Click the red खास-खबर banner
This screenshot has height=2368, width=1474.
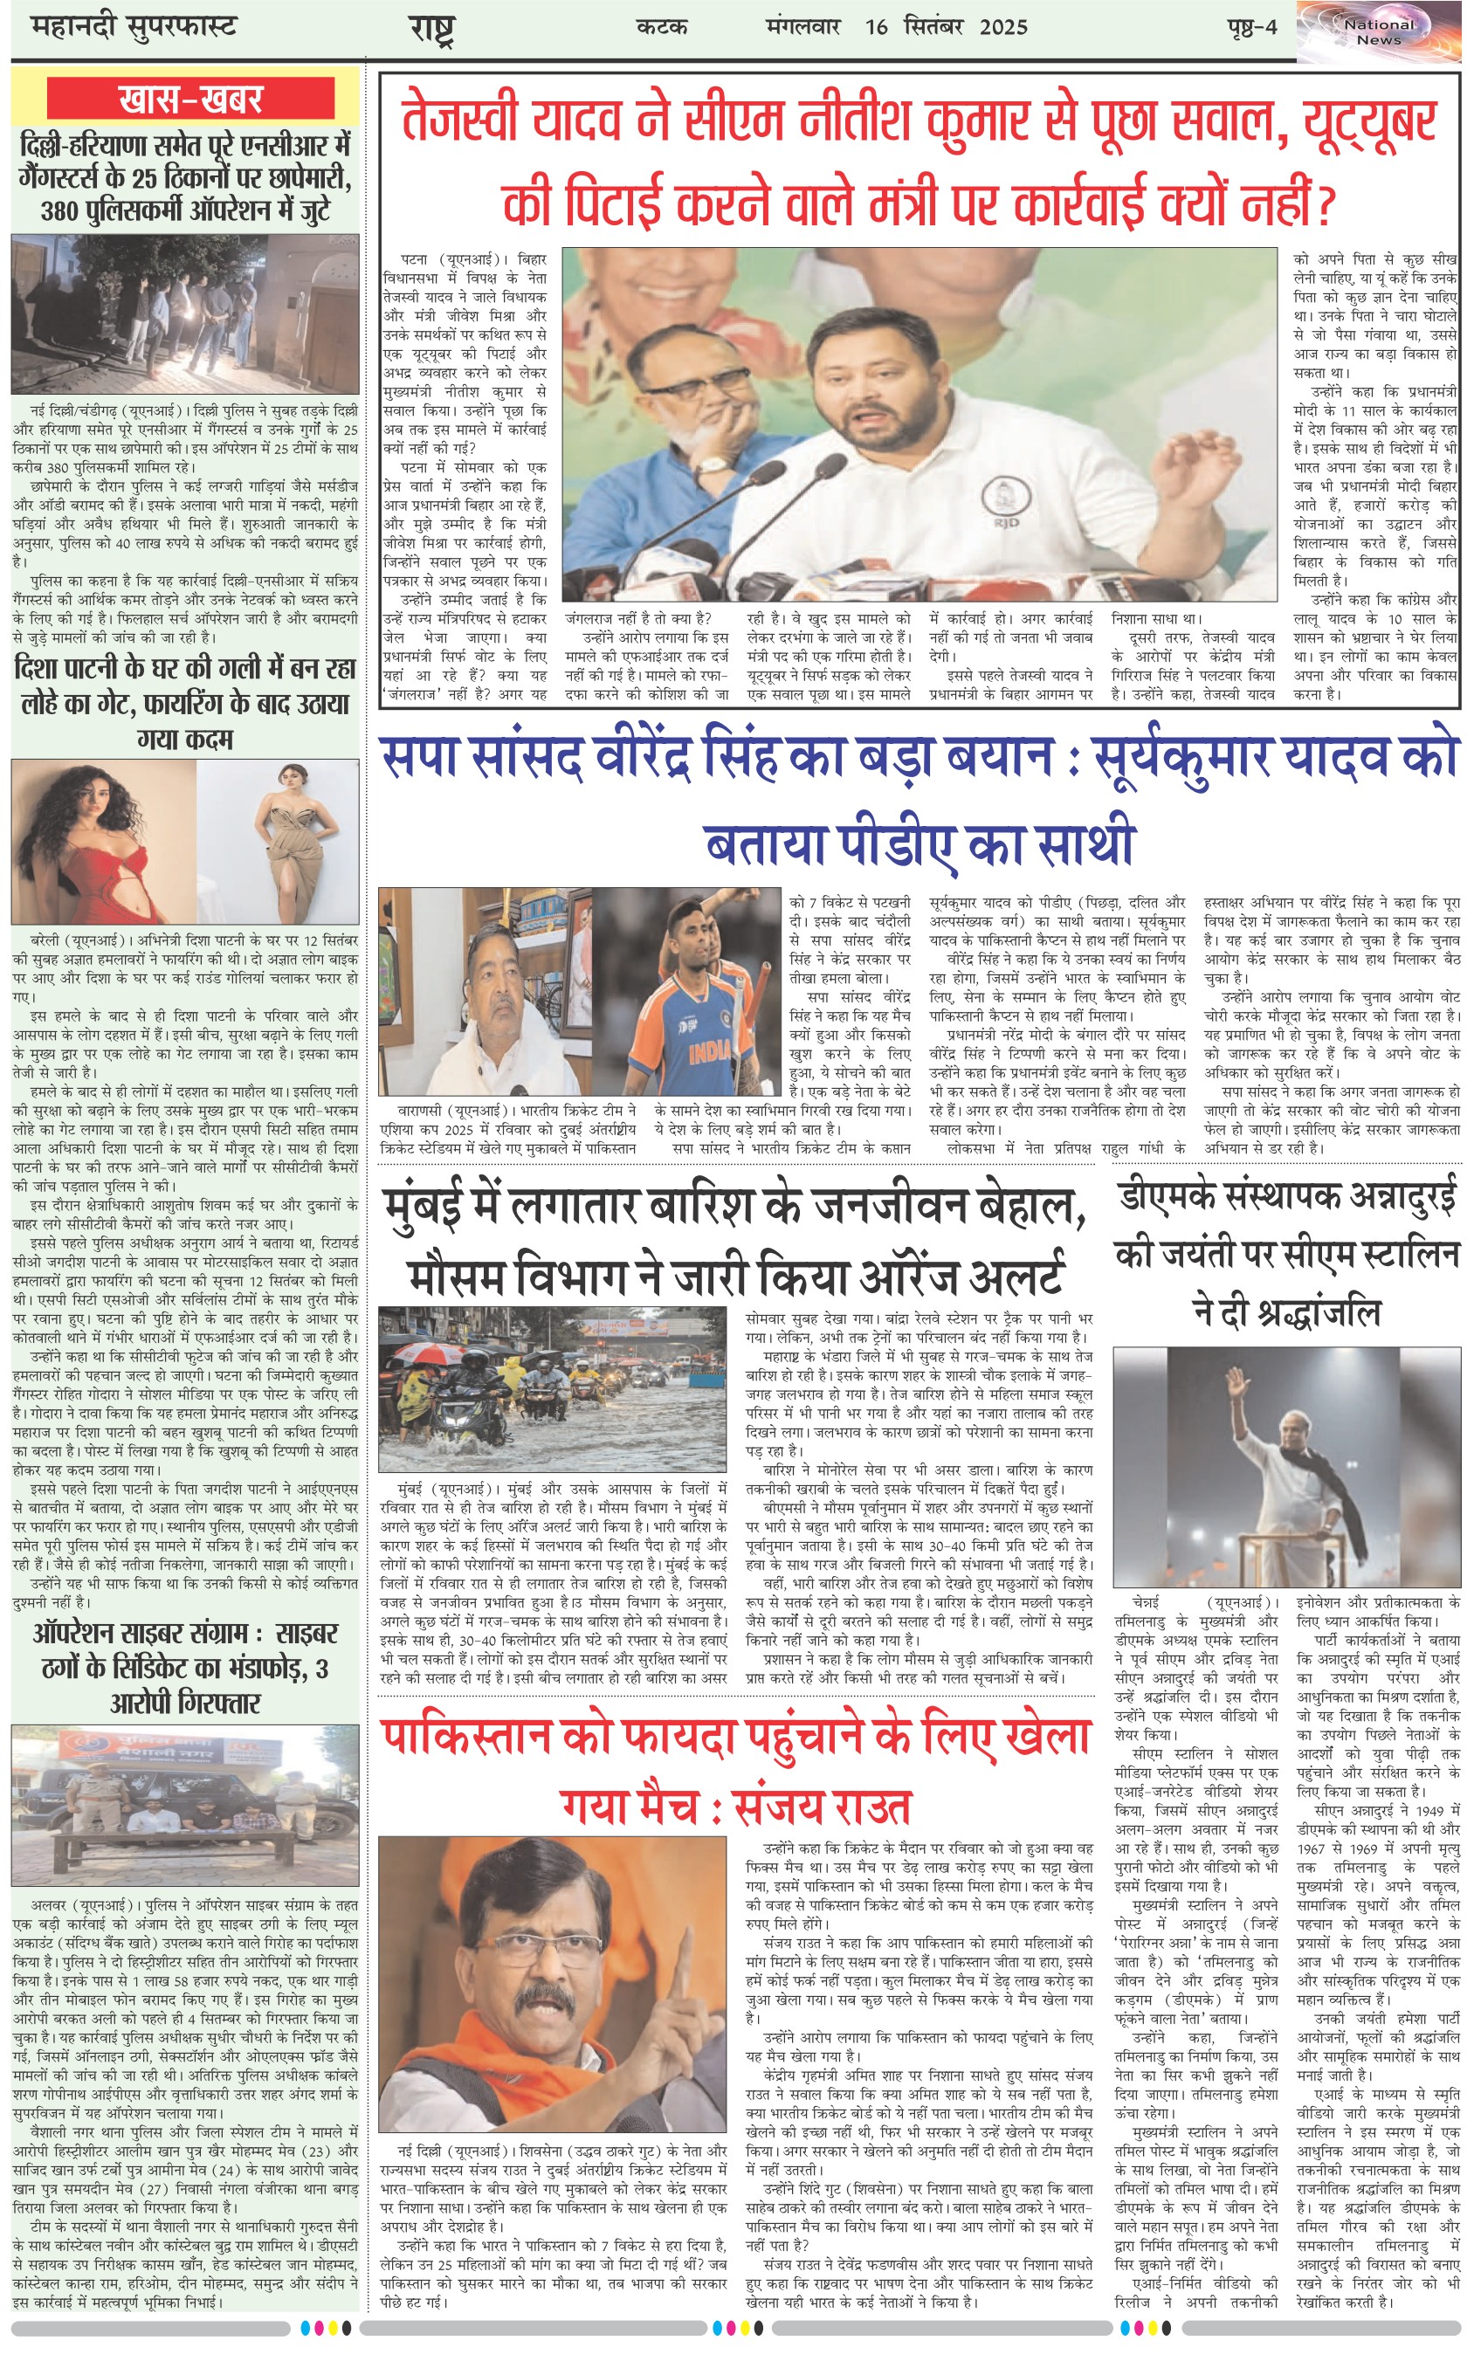coord(190,99)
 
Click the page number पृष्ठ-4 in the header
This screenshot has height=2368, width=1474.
coord(1251,26)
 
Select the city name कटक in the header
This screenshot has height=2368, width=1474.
coord(662,26)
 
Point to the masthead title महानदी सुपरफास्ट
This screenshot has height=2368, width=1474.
coord(134,26)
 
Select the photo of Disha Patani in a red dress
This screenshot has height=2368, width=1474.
coord(102,841)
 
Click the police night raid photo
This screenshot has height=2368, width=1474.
coord(185,313)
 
